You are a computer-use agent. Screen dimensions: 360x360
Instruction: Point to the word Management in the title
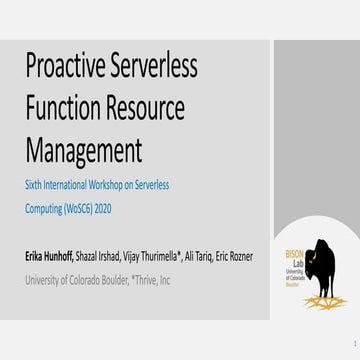pyautogui.click(x=84, y=150)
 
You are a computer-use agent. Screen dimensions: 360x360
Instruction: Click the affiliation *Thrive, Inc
pyautogui.click(x=145, y=280)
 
